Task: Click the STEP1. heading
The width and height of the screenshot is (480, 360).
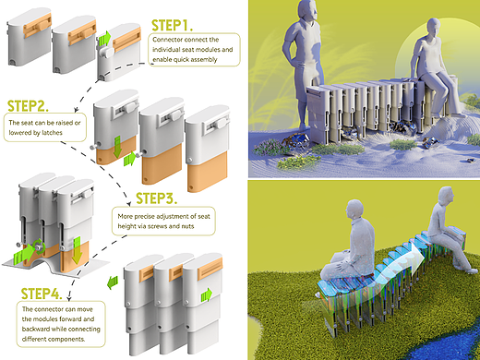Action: pyautogui.click(x=172, y=26)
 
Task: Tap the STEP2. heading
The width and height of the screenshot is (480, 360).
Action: pyautogui.click(x=28, y=106)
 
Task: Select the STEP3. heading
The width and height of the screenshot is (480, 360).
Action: pyautogui.click(x=156, y=198)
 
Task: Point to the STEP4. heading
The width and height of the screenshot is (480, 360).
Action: pyautogui.click(x=42, y=294)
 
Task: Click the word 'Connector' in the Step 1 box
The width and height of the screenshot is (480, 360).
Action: pyautogui.click(x=166, y=40)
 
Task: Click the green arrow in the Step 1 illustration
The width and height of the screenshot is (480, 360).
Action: pyautogui.click(x=104, y=38)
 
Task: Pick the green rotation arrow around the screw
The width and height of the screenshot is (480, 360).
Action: pyautogui.click(x=40, y=246)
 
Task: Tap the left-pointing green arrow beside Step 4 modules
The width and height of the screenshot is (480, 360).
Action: pyautogui.click(x=113, y=282)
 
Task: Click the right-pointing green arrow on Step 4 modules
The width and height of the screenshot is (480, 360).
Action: pyautogui.click(x=207, y=295)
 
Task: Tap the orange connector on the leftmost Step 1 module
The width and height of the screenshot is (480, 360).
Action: pyautogui.click(x=37, y=25)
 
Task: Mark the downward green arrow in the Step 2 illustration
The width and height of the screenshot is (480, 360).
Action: pyautogui.click(x=117, y=148)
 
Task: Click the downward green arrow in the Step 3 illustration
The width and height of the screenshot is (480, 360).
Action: pyautogui.click(x=76, y=250)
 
